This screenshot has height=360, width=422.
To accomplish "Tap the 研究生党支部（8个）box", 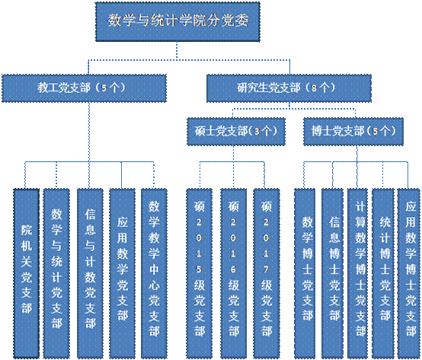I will [x=287, y=88].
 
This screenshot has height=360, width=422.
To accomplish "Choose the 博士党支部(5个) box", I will [x=353, y=130].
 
